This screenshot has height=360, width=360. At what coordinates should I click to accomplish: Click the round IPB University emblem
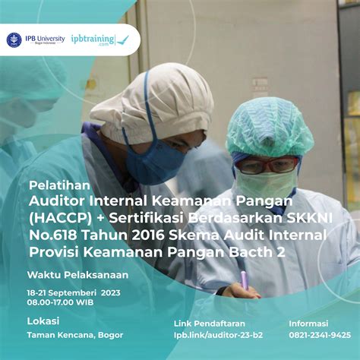click(14, 40)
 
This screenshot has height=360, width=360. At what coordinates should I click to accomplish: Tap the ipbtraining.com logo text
click(93, 39)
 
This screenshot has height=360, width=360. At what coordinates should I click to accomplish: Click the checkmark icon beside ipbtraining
click(123, 40)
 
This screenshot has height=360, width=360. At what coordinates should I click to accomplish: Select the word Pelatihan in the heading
click(59, 185)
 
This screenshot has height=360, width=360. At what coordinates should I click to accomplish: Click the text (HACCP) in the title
click(60, 219)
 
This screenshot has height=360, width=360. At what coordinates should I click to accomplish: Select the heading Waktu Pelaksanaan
click(77, 275)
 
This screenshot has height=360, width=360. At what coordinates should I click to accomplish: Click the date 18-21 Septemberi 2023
click(74, 293)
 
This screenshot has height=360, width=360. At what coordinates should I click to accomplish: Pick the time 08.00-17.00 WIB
click(60, 302)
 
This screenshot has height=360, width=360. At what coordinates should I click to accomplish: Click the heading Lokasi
click(43, 321)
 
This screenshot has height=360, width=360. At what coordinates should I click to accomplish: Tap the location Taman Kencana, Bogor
click(75, 335)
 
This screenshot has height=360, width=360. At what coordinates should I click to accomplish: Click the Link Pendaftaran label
click(210, 324)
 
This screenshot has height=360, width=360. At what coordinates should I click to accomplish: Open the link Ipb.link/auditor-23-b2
click(218, 335)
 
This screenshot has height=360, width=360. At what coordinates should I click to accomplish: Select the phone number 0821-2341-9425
click(320, 335)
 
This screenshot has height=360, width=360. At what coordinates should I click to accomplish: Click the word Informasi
click(308, 324)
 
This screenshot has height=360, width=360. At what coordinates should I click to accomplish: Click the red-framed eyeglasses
click(267, 165)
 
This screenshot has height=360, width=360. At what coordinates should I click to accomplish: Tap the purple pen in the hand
click(244, 278)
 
